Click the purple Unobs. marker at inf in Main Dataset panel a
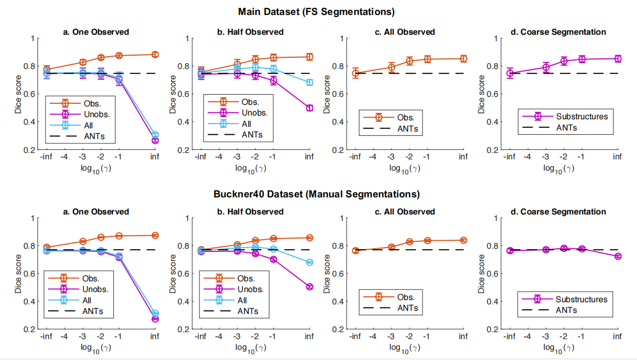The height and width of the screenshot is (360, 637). tap(155, 140)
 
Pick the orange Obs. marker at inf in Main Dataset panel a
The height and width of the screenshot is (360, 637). tap(155, 55)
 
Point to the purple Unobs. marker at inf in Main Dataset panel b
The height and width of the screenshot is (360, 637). tap(309, 108)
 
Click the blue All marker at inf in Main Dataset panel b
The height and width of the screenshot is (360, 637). tap(309, 82)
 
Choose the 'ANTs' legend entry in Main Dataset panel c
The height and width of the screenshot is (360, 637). tap(407, 128)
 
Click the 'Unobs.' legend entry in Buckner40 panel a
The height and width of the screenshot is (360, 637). tap(95, 289)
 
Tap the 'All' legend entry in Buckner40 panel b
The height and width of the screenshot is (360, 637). tap(242, 301)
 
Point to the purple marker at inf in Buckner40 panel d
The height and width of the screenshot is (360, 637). tap(618, 256)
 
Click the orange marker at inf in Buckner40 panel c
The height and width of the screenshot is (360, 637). tap(463, 240)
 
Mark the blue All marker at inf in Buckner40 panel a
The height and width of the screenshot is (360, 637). tap(155, 313)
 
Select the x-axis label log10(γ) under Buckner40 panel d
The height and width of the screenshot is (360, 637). tap(559, 348)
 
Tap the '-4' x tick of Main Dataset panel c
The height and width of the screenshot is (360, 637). tap(373, 157)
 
